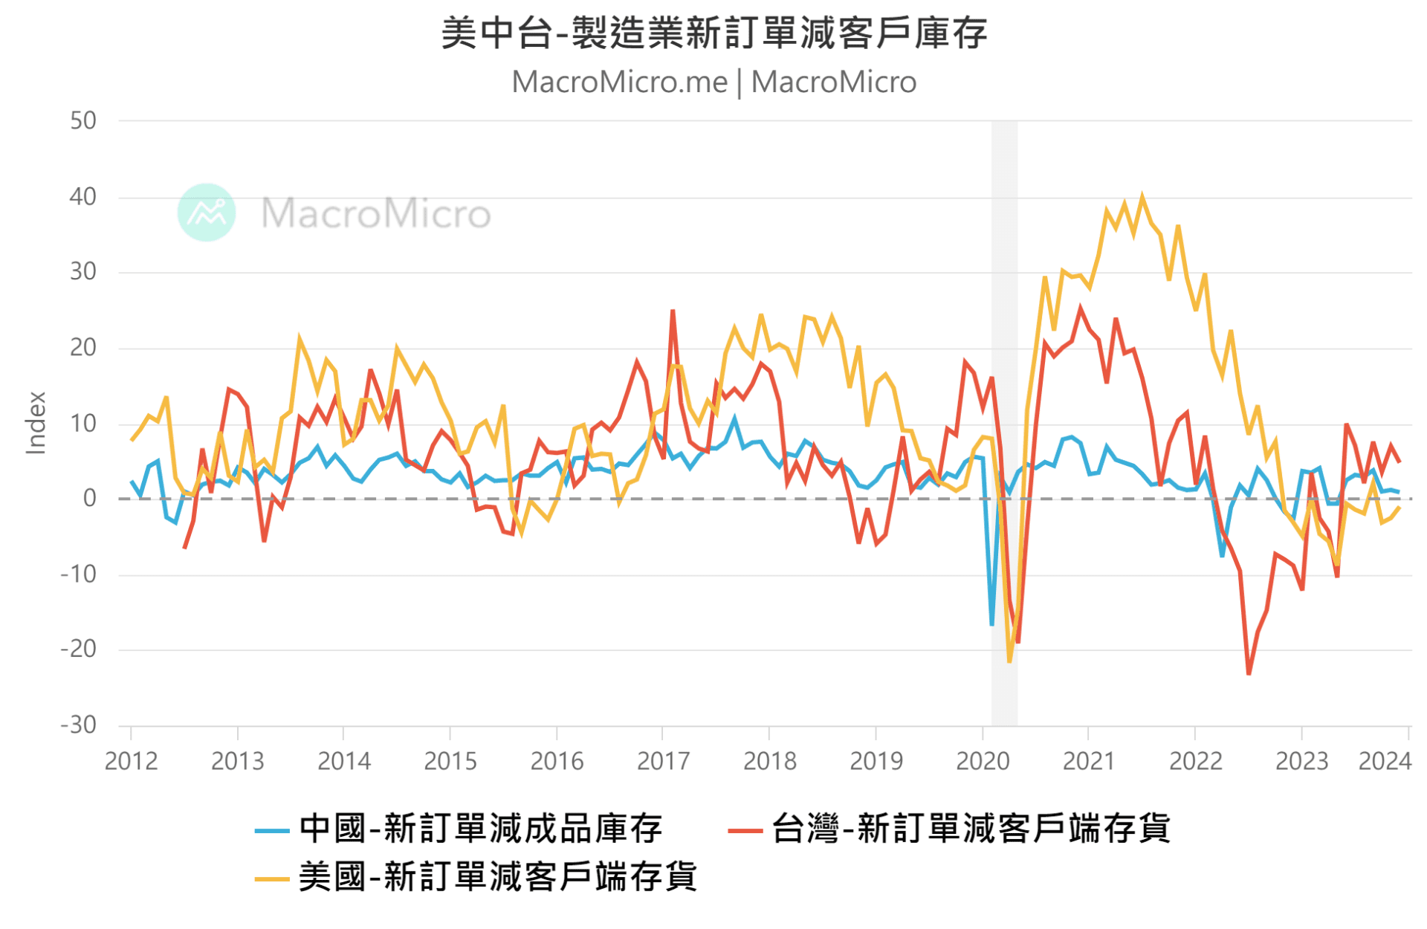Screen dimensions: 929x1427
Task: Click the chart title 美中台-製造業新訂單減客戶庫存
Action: (713, 33)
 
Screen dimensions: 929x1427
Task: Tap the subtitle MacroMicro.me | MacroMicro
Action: (713, 82)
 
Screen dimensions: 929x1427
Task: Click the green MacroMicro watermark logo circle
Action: (207, 213)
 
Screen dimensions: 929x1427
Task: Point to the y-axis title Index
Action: (36, 422)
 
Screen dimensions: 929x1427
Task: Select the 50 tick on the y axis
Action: (82, 121)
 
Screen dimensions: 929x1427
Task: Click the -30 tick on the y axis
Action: (79, 725)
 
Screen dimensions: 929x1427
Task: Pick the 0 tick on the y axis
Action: (89, 498)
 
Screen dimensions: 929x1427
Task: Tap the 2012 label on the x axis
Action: (131, 761)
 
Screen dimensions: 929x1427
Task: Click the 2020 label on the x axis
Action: (982, 761)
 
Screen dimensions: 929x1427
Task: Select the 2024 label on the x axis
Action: (1384, 761)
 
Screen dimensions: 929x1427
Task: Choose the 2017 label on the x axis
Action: (663, 761)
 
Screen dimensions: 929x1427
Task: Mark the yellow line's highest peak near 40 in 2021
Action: (1142, 197)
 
